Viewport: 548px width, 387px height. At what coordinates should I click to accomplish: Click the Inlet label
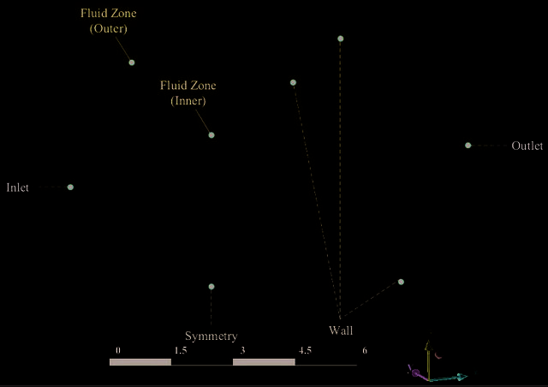pos(17,188)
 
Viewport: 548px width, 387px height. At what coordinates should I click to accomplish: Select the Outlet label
pos(527,146)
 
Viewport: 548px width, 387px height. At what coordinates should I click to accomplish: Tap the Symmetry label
pos(211,336)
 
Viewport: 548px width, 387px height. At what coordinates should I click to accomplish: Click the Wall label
pos(341,330)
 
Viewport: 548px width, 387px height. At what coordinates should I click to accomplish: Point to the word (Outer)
pos(109,28)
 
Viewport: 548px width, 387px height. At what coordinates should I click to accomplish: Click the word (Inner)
pos(188,101)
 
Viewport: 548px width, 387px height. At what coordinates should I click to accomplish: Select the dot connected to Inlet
pos(70,187)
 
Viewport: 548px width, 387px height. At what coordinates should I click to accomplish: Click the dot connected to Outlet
pos(468,146)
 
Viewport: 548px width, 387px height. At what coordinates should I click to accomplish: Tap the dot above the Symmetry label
pos(211,287)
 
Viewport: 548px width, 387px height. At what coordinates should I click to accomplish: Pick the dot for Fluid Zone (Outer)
pos(131,63)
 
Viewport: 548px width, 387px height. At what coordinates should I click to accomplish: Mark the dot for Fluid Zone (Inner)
pos(211,135)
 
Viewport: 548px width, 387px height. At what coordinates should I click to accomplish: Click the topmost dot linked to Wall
pos(341,39)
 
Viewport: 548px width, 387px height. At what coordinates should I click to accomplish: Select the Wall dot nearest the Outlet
pos(401,282)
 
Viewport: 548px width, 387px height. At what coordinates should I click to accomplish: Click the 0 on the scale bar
pos(118,350)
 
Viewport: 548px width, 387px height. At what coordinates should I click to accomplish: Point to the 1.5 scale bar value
pos(181,350)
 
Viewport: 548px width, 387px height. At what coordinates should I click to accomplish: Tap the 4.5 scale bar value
pos(305,350)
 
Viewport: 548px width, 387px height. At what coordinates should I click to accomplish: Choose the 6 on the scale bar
pos(365,350)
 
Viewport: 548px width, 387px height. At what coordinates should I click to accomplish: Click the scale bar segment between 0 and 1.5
pos(140,362)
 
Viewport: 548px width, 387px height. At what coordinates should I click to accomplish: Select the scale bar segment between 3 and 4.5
pos(264,362)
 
